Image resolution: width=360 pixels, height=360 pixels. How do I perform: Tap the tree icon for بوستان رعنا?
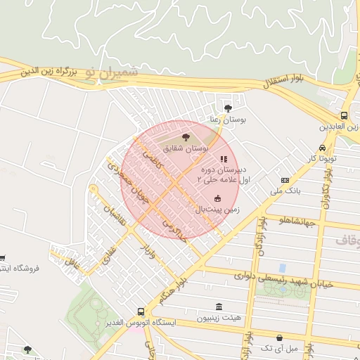pos(227,108)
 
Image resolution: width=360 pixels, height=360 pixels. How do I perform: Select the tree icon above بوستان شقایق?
pos(186,137)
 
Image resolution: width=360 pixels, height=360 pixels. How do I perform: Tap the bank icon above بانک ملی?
pos(285,180)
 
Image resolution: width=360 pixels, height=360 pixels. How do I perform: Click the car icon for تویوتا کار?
pos(322,148)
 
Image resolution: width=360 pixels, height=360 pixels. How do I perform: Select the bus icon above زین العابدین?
pos(344,116)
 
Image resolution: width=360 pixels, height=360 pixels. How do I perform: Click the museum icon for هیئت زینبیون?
pos(220,307)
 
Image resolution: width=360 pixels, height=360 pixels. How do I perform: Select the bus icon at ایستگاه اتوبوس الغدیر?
pos(141,311)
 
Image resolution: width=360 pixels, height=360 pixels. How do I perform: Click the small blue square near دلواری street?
pos(283,268)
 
